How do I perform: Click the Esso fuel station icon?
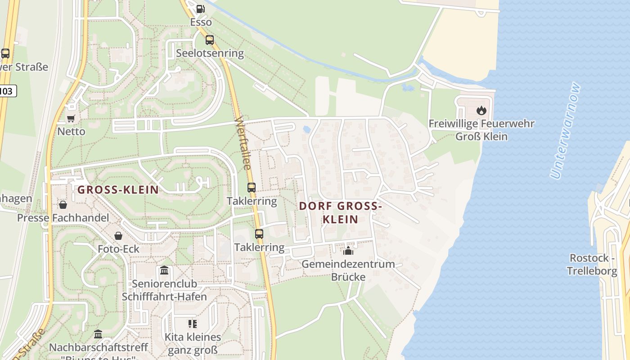pyautogui.click(x=200, y=9)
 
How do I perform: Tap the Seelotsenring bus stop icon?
pyautogui.click(x=210, y=40)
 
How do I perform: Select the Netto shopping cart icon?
pyautogui.click(x=71, y=118)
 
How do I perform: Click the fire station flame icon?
pyautogui.click(x=481, y=110)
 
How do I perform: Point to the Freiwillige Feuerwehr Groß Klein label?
pyautogui.click(x=481, y=130)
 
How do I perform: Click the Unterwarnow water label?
pyautogui.click(x=566, y=130)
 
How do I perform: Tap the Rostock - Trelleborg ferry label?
pyautogui.click(x=592, y=264)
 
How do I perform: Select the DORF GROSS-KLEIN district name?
pyautogui.click(x=341, y=213)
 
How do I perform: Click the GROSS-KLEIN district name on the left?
pyautogui.click(x=118, y=190)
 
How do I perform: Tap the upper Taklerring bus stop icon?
pyautogui.click(x=252, y=187)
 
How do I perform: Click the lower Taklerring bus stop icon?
pyautogui.click(x=259, y=234)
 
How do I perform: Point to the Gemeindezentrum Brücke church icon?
pyautogui.click(x=348, y=251)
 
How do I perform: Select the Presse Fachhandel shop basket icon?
pyautogui.click(x=63, y=205)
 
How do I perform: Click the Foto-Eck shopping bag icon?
pyautogui.click(x=118, y=235)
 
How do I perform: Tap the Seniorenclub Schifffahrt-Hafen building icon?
pyautogui.click(x=164, y=271)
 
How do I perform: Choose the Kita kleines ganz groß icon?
pyautogui.click(x=193, y=324)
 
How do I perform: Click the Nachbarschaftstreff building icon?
pyautogui.click(x=98, y=334)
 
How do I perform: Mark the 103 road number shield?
pyautogui.click(x=6, y=91)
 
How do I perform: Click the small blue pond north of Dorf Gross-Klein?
pyautogui.click(x=307, y=130)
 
